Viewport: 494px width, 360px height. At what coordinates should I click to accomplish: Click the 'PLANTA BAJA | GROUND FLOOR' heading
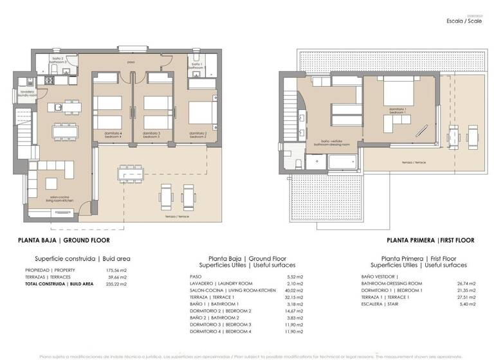64,240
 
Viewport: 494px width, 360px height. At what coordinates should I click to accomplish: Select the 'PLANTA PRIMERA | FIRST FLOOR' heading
430,240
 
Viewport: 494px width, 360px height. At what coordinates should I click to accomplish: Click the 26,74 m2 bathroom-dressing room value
464,283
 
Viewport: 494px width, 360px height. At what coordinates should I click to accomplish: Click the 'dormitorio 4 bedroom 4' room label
113,134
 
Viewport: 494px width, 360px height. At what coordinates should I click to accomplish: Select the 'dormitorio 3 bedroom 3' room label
151,134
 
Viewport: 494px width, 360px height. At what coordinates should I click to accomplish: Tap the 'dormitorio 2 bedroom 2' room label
197,134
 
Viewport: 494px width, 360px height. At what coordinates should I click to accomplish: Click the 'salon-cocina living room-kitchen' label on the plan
59,199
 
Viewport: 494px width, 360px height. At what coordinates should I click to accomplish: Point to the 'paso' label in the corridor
131,62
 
